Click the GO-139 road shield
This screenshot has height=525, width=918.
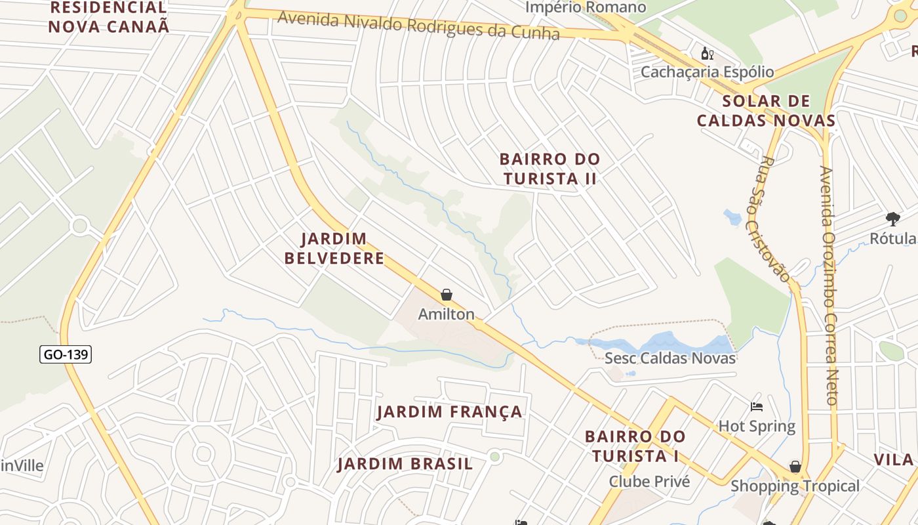66,355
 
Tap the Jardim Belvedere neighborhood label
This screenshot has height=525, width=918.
334,248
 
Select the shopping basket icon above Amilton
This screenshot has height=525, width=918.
447,295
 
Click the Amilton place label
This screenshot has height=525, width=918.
447,314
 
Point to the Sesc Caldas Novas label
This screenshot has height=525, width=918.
670,358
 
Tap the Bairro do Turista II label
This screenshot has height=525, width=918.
549,169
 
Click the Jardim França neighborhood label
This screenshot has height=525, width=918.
450,412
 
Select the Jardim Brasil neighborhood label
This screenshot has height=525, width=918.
405,464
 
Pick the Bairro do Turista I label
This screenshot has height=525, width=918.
635,446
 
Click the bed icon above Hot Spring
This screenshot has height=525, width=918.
757,407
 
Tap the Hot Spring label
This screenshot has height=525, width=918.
757,427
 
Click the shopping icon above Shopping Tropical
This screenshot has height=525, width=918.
795,467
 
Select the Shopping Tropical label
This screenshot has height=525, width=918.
795,486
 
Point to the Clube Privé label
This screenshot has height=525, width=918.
649,482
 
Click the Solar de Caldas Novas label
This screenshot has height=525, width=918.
766,111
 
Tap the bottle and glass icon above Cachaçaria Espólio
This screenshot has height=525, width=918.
708,54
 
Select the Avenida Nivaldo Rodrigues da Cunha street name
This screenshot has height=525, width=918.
418,26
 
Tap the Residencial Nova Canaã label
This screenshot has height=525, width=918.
109,17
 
